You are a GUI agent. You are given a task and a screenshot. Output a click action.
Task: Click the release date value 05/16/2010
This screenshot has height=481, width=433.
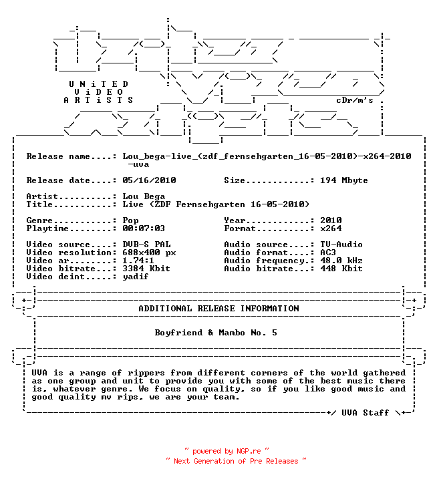point(149,180)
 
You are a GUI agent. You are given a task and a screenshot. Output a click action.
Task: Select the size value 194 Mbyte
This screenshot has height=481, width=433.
point(343,180)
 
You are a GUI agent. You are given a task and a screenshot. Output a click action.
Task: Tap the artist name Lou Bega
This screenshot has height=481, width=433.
point(144,196)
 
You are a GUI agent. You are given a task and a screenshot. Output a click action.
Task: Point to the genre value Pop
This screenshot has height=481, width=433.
point(130,220)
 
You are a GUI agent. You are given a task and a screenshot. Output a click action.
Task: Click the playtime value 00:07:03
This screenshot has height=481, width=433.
point(144,228)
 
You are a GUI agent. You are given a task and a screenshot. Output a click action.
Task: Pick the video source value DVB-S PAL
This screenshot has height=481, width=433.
point(146,245)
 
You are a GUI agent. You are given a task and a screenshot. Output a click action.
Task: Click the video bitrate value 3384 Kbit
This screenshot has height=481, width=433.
point(146,269)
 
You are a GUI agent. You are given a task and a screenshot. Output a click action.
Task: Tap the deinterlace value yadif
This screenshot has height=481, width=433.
point(136,277)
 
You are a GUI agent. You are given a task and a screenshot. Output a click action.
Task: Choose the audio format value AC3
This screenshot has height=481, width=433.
point(327,253)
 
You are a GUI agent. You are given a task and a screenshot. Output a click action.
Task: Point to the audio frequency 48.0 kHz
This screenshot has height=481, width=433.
point(341,261)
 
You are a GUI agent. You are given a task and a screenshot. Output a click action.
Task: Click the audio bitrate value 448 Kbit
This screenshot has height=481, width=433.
point(341,269)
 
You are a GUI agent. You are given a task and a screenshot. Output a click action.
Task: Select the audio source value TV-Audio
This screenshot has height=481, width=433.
point(341,245)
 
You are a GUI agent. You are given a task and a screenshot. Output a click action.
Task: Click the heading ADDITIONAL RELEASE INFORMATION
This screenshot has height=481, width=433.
point(219,309)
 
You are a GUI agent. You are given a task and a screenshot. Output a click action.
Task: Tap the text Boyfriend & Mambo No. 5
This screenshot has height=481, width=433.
point(216,333)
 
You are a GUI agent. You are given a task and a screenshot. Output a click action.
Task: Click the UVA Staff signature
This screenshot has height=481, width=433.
point(366,413)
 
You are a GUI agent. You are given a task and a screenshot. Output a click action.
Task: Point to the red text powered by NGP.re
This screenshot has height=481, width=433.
point(227,451)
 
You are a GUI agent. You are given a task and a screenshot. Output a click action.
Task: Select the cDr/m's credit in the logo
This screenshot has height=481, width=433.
point(355,100)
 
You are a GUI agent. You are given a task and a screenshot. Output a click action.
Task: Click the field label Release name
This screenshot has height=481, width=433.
point(58,156)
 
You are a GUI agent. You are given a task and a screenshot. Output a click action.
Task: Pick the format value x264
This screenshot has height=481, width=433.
point(331,228)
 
